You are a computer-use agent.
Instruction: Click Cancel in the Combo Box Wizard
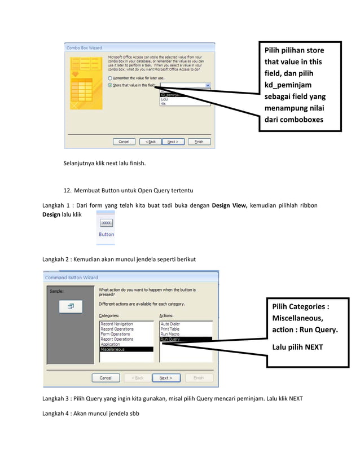tap(124, 142)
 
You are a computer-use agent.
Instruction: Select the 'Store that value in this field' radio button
tap(109, 85)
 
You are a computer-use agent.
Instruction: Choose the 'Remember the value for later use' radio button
tap(109, 78)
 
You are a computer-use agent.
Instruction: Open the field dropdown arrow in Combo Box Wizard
tap(208, 85)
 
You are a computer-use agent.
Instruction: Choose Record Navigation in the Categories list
tap(117, 324)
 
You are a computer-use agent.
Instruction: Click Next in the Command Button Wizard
tap(166, 377)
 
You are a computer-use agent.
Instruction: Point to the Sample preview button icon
tap(72, 306)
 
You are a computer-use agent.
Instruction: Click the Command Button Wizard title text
tap(72, 277)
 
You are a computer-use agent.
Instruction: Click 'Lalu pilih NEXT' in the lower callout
tap(297, 347)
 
